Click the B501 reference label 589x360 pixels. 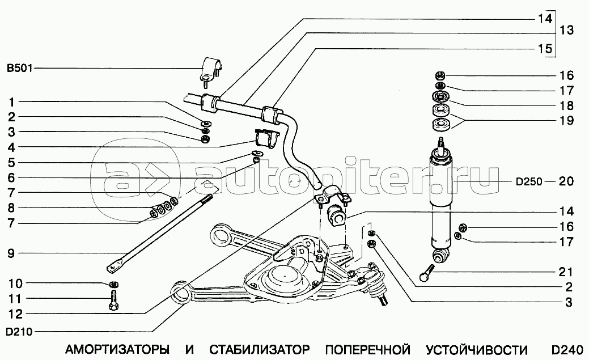20,69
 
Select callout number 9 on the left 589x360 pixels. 11,253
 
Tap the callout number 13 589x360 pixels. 566,30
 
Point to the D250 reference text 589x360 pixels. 529,182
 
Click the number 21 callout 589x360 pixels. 566,272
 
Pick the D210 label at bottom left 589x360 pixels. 19,332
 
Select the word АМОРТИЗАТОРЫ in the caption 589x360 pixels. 117,350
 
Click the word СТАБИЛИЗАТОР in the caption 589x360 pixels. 260,350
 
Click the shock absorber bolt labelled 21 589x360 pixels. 427,273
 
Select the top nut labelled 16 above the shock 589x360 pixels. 441,75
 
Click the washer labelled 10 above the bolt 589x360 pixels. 114,283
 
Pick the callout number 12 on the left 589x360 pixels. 16,314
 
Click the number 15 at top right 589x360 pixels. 545,49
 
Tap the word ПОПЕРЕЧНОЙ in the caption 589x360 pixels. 367,350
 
